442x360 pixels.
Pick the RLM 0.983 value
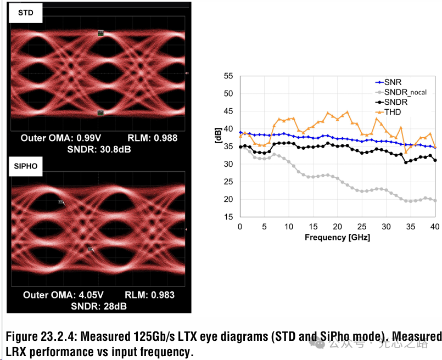coord(149,295)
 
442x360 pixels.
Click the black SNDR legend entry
coord(395,102)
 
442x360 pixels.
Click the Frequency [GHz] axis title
coord(337,238)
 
